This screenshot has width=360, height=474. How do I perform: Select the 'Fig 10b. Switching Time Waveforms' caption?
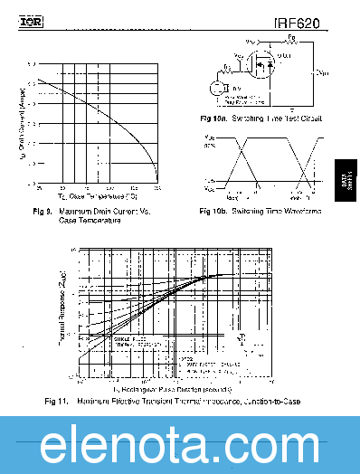(260, 212)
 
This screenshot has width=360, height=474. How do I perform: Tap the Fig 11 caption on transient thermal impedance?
(172, 401)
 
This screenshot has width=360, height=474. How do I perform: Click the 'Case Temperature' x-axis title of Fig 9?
(98, 195)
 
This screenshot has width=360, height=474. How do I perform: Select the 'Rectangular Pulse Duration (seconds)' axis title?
(172, 388)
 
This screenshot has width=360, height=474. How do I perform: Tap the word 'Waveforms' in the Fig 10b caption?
(301, 212)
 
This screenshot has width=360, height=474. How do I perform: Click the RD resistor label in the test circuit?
(290, 39)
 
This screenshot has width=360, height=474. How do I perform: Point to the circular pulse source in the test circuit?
(216, 88)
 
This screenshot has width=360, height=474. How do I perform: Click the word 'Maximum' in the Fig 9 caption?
(76, 211)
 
